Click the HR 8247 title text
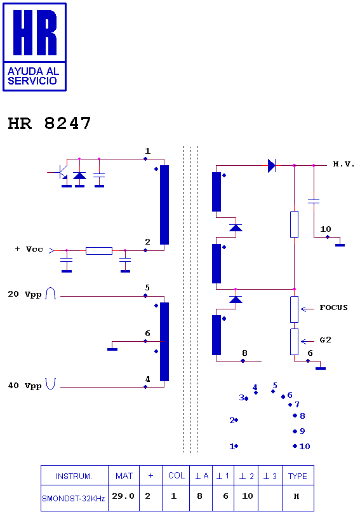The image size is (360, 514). [49, 123]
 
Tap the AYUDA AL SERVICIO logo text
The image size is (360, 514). [33, 76]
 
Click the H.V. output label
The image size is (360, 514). [343, 164]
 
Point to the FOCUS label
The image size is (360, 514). [333, 308]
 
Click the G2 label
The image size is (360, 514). [325, 340]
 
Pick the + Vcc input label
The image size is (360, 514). [29, 249]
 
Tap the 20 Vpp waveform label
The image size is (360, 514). [25, 294]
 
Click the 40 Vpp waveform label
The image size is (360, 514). [25, 386]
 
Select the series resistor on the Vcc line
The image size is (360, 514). [99, 251]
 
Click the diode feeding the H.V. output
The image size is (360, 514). [272, 166]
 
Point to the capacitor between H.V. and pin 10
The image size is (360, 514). [314, 201]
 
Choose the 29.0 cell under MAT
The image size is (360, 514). [123, 496]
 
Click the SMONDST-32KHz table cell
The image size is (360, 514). [74, 499]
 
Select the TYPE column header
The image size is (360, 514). [297, 476]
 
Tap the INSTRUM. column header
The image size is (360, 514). [74, 477]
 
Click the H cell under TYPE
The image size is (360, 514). [297, 496]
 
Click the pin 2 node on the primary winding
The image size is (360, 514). [145, 250]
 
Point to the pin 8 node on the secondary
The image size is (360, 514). [243, 361]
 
